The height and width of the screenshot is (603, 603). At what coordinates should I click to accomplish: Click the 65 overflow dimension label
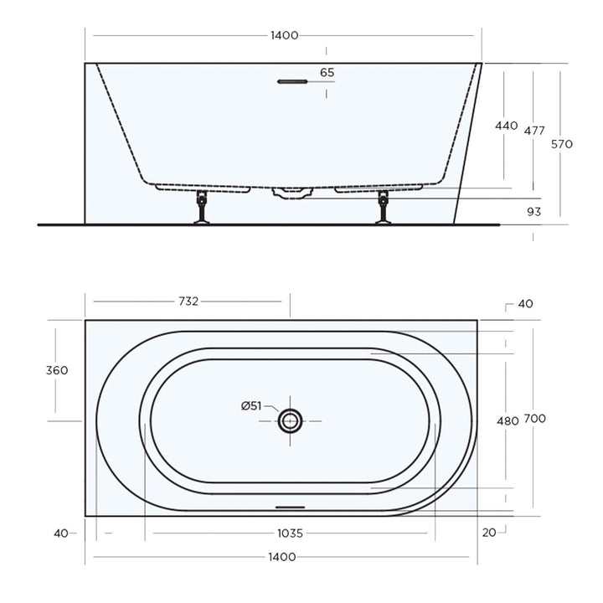327,73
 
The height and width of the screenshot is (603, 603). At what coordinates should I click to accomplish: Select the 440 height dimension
506,126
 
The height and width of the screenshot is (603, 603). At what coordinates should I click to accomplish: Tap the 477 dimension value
534,131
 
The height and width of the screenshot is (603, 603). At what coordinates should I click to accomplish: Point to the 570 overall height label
561,144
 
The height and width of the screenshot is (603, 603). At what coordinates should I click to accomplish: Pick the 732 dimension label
188,301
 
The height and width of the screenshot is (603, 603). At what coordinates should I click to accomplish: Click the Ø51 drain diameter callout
251,406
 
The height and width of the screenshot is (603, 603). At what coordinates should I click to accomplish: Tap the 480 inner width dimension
508,421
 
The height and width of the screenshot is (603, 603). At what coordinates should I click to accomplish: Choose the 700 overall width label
535,419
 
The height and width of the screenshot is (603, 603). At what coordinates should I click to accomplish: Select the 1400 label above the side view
284,35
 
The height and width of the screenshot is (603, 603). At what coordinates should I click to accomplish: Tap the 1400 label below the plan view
284,557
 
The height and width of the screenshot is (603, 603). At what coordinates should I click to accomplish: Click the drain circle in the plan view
291,420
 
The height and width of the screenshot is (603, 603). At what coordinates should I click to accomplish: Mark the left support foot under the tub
201,209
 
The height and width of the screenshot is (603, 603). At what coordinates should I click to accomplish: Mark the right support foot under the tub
384,209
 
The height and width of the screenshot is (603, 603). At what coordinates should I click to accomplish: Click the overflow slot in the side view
292,82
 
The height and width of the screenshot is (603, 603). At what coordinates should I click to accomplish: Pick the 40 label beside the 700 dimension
525,304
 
